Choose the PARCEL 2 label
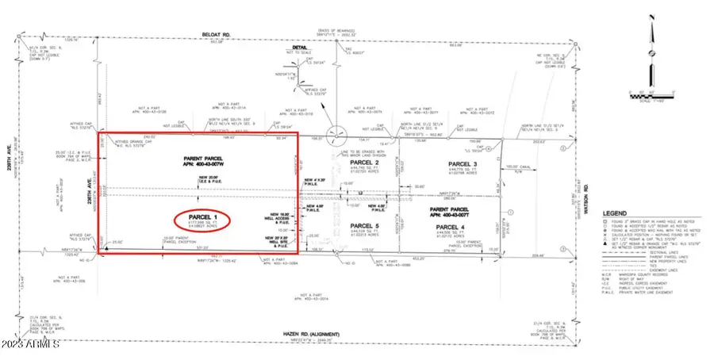[366, 162]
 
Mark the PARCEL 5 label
[366, 226]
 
